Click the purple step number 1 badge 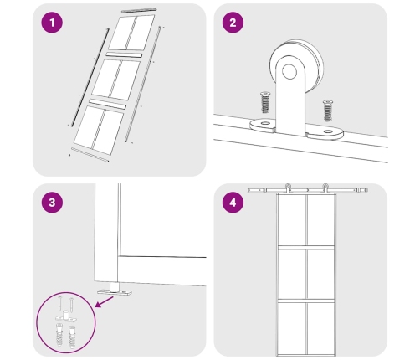(x=52, y=23)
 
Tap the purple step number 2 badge (x=233, y=23)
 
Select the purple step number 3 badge (x=52, y=203)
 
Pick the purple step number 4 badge (x=233, y=203)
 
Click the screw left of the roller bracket (x=265, y=102)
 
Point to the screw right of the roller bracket (x=328, y=111)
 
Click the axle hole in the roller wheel (x=289, y=71)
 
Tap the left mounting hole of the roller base (x=265, y=123)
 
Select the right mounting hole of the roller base (x=328, y=131)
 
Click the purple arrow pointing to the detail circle (x=105, y=302)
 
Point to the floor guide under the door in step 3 (x=115, y=290)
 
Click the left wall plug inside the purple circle (x=60, y=335)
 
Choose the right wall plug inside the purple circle (x=72, y=337)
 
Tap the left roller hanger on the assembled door (x=288, y=188)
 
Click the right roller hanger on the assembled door (x=325, y=188)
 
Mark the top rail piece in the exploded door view (x=139, y=10)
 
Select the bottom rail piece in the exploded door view (x=90, y=155)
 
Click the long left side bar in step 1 (x=90, y=77)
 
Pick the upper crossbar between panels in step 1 (x=124, y=54)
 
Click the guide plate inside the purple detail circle (x=66, y=316)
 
